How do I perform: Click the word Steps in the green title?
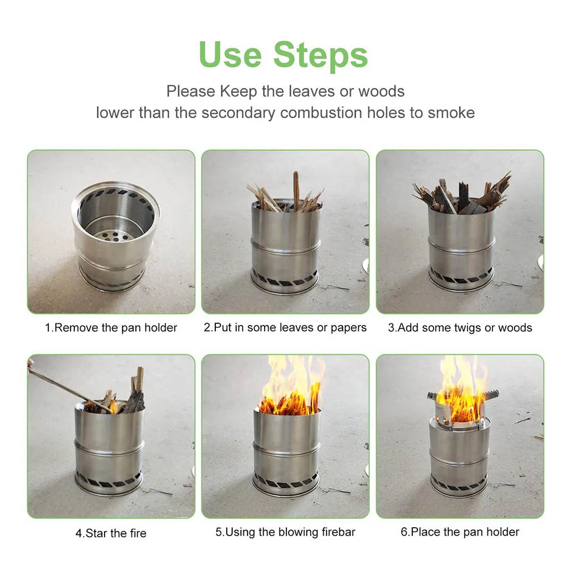pos(320,55)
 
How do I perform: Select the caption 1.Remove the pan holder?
pos(111,328)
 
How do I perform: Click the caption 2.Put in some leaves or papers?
pos(285,328)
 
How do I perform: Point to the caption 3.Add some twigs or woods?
pos(460,328)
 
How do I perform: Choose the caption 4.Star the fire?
pos(111,533)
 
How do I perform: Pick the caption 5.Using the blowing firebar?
pos(285,532)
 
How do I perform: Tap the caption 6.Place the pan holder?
pos(460,532)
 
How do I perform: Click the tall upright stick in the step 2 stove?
pos(296,190)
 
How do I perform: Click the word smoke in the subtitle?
pos(451,112)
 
